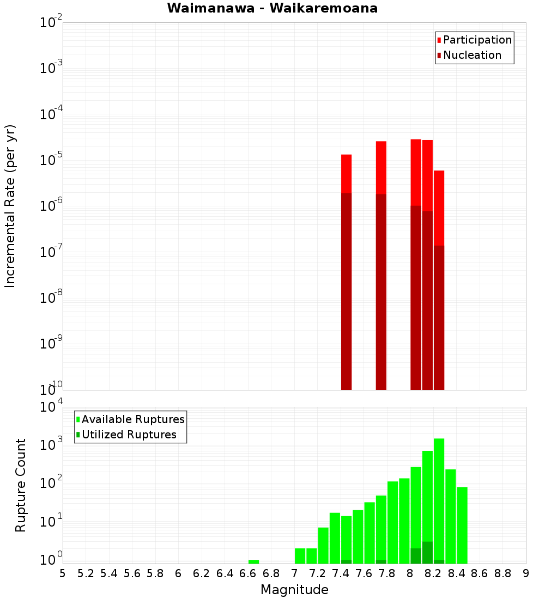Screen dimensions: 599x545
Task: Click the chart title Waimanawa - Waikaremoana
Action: point(272,9)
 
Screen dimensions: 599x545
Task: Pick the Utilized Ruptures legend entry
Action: point(129,435)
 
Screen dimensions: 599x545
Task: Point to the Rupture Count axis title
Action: point(21,485)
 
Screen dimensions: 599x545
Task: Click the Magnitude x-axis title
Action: point(294,590)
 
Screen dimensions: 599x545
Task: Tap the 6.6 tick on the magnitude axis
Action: point(248,573)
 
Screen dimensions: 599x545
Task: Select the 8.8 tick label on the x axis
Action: point(502,573)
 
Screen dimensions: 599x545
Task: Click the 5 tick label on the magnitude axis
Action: point(63,573)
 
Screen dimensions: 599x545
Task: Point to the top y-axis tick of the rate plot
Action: point(52,23)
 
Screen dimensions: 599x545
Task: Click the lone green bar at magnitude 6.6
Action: point(253,561)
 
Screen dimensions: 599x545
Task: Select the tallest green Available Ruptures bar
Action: point(439,501)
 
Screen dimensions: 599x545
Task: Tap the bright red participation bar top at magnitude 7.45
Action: point(346,173)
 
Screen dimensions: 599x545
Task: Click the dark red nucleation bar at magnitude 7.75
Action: point(381,291)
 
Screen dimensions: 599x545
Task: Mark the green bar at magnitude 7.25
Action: point(323,545)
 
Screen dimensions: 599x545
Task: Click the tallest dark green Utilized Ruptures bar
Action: point(427,552)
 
